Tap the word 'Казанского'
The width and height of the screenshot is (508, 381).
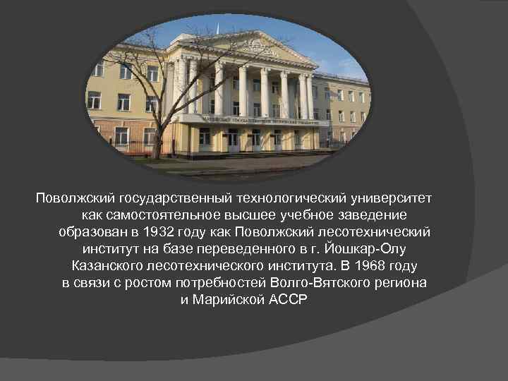[108, 266]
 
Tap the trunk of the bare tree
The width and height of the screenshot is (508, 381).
[158, 134]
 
